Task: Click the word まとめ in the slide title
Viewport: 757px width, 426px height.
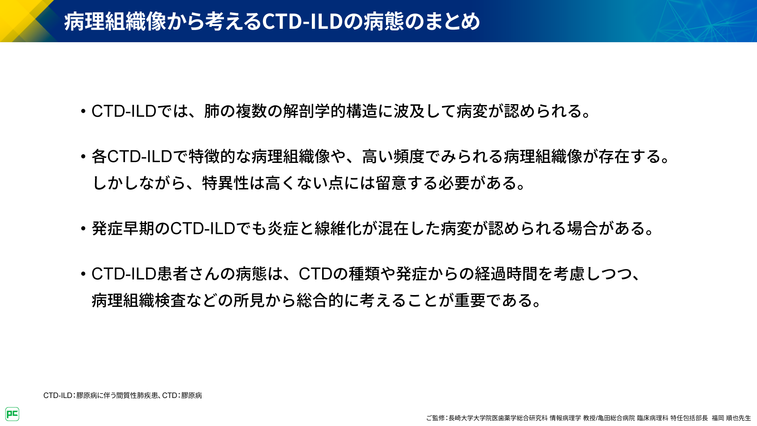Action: pos(449,21)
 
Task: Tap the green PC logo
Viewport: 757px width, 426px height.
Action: pos(12,414)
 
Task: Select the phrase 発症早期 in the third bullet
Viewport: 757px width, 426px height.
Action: pos(123,228)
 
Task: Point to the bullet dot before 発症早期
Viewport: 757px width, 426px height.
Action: pos(83,229)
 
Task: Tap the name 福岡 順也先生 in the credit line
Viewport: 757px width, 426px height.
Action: pos(731,418)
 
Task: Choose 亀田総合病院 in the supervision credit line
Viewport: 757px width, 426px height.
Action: pos(617,418)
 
